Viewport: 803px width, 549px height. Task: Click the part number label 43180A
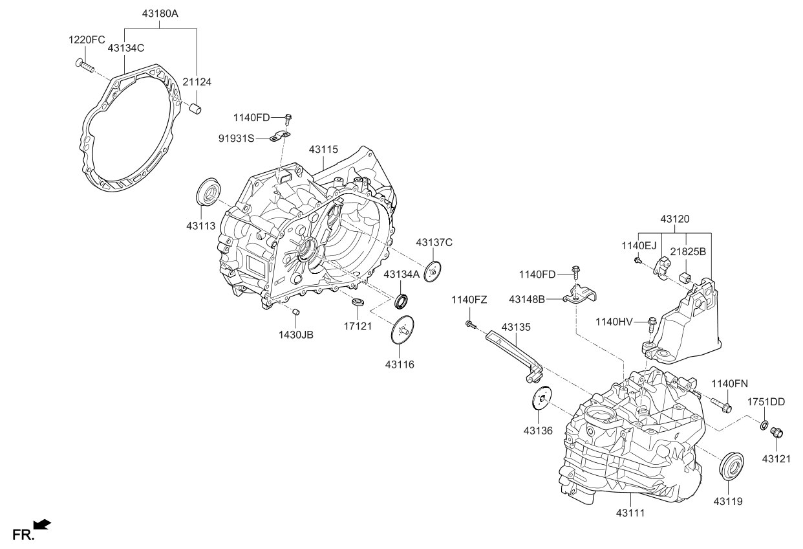160,13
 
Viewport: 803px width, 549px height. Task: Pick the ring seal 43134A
402,300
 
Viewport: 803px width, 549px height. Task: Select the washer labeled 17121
358,302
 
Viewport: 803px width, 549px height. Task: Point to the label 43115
323,150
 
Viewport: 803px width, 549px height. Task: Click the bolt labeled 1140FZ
469,324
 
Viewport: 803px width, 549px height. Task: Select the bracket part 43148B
579,295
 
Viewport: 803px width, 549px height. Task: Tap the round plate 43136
541,398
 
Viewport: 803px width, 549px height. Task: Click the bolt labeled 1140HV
651,321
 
